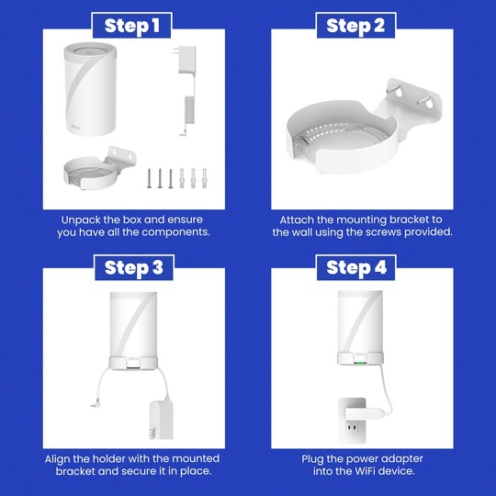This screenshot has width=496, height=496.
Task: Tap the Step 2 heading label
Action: (355, 26)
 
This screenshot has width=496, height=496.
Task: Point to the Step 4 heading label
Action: (355, 268)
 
